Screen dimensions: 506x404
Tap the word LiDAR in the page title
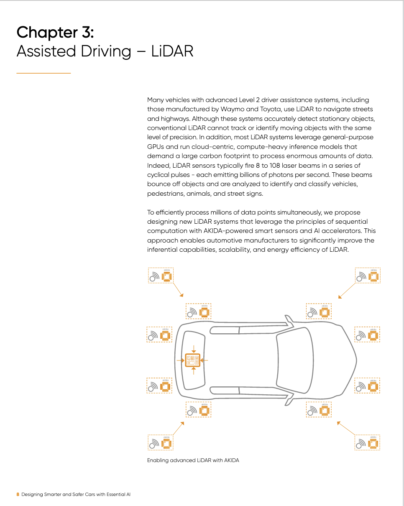172,51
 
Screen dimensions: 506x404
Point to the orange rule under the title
43,73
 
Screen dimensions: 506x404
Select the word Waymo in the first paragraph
225,109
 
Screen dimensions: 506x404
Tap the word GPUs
156,147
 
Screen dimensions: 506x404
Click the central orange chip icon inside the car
193,360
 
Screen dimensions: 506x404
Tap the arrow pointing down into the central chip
193,348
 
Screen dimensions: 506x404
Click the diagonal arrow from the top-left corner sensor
178,290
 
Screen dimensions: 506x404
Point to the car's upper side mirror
288,321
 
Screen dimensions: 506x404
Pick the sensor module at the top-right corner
367,276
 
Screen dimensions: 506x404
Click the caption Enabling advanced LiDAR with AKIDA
193,460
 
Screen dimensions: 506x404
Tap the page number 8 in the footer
18,494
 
